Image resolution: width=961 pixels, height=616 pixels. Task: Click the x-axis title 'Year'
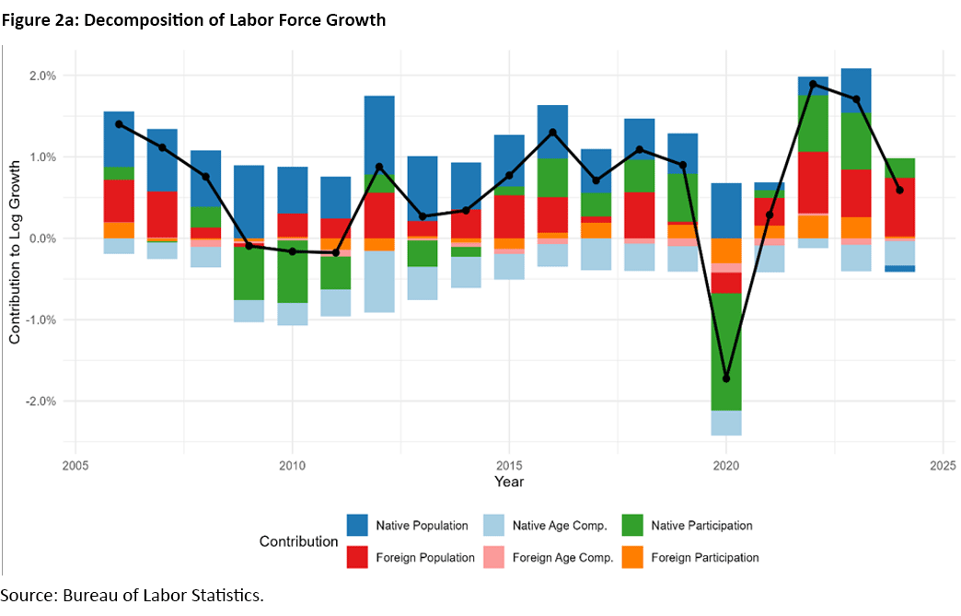[x=508, y=481]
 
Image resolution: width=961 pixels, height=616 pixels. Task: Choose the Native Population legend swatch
[x=358, y=526]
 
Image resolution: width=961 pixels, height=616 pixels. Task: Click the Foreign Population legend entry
[x=424, y=557]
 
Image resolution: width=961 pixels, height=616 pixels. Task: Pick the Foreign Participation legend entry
[x=704, y=557]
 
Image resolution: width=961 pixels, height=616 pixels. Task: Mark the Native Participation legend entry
[x=700, y=526]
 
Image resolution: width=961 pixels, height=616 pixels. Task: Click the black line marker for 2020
[x=726, y=378]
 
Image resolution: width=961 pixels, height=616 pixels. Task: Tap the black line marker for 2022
[x=813, y=84]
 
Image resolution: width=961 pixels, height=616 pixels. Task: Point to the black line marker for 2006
[x=119, y=124]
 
